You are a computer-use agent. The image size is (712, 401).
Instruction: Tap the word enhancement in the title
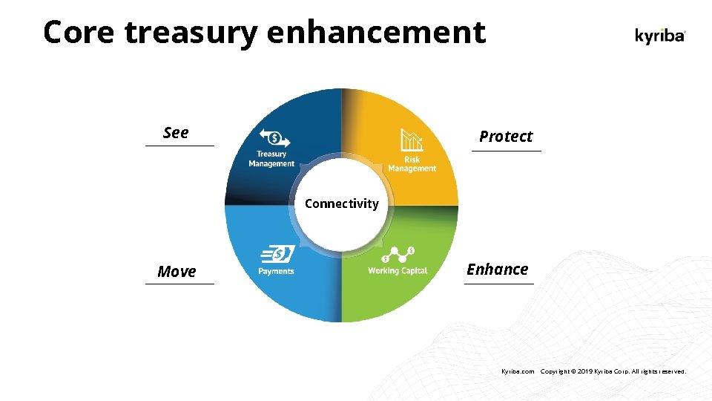(x=376, y=33)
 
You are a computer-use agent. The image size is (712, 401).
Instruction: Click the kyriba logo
(x=660, y=35)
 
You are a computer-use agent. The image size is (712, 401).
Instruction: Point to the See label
(x=176, y=133)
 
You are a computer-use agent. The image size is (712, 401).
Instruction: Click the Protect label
(x=506, y=137)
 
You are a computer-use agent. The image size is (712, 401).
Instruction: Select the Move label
(x=177, y=272)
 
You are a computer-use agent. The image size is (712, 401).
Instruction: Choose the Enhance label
(x=498, y=270)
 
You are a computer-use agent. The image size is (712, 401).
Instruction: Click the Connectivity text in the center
(x=341, y=203)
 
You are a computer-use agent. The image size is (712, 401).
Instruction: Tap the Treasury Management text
(x=271, y=159)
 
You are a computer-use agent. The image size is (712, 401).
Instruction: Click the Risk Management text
(x=412, y=164)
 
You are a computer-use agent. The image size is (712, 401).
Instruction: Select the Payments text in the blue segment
(x=276, y=271)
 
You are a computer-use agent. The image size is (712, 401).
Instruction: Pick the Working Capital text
(x=398, y=271)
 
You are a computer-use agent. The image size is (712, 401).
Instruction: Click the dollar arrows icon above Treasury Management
(x=274, y=138)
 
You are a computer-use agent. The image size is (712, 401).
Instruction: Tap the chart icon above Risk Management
(x=412, y=140)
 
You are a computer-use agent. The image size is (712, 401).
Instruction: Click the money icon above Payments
(x=277, y=255)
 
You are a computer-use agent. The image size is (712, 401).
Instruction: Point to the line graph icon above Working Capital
(x=398, y=255)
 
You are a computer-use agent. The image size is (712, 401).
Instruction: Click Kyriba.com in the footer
(x=518, y=371)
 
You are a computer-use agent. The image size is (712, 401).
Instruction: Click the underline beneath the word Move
(x=179, y=284)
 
